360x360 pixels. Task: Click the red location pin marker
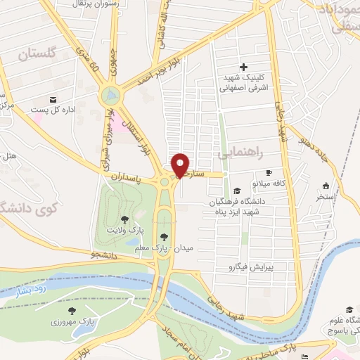(181, 165)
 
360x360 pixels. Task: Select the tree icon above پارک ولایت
(125, 219)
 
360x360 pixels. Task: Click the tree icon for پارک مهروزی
(71, 310)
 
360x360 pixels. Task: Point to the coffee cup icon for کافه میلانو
(268, 173)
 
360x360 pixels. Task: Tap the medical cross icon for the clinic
(243, 67)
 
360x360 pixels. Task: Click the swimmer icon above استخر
(326, 186)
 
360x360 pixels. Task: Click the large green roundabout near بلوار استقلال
(110, 94)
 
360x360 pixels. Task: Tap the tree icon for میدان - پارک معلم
(164, 236)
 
